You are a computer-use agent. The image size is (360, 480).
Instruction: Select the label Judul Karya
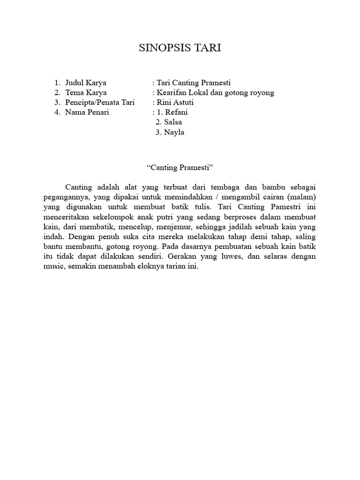point(86,83)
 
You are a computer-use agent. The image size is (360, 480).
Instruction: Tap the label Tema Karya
point(86,93)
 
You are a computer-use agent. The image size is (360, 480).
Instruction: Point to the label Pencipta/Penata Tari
point(100,103)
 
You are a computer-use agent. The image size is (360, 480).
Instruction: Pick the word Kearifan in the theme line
point(172,93)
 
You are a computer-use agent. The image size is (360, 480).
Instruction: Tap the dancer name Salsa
point(173,122)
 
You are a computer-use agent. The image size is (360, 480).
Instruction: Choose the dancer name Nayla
point(174,132)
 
